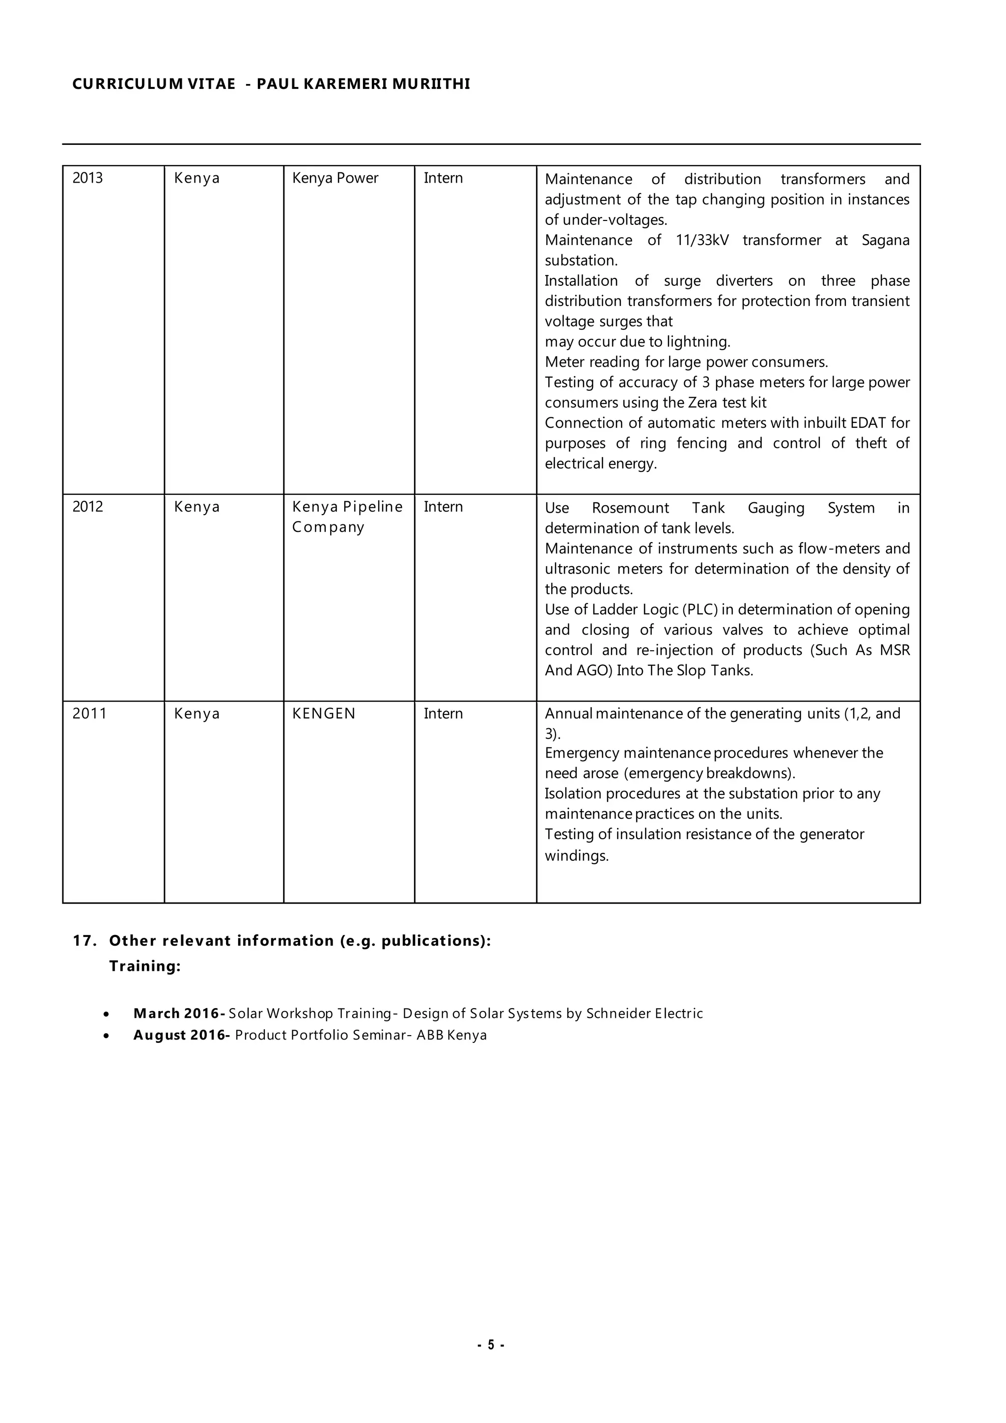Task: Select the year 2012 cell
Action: coord(87,506)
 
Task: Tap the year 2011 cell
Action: coord(89,713)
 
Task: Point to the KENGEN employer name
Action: coord(324,713)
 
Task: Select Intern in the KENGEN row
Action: coord(443,713)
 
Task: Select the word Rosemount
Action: coord(630,508)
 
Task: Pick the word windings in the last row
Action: coord(577,856)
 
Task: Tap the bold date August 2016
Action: coord(181,1035)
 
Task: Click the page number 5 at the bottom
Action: coord(491,1345)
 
